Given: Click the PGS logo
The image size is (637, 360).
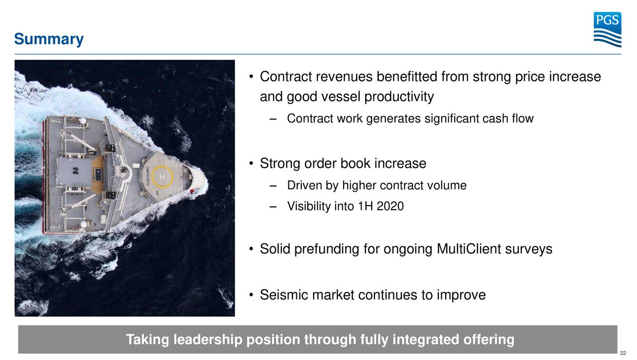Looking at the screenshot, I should [607, 29].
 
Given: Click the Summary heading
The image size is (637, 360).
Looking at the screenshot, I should [49, 39].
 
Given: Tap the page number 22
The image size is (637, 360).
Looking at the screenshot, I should [623, 353].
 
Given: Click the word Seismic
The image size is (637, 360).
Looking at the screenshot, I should [284, 295].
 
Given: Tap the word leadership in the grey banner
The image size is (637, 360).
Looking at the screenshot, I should [208, 340].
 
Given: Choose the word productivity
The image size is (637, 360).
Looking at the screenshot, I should [399, 97].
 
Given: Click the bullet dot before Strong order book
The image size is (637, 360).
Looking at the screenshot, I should [252, 164].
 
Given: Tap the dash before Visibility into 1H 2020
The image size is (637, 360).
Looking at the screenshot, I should [271, 206].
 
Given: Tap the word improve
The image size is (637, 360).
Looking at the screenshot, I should [461, 295].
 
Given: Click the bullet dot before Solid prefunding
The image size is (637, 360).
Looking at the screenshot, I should [252, 249].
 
